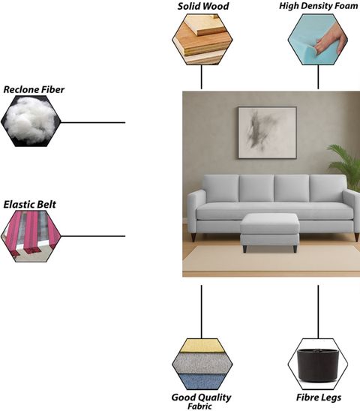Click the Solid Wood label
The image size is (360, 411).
(203, 6)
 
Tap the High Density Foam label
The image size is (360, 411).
(318, 6)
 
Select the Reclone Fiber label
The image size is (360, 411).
(34, 90)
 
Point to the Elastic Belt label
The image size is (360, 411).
(30, 205)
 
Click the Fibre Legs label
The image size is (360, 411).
(319, 397)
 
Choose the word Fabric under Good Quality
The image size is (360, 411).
(199, 406)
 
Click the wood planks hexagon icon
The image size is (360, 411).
(202, 39)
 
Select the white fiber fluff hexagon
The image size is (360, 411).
(31, 121)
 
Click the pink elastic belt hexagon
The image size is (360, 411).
(31, 236)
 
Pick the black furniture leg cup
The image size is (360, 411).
(318, 364)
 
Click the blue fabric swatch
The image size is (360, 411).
(202, 382)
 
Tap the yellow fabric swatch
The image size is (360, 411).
(202, 346)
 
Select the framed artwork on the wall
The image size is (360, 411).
(267, 133)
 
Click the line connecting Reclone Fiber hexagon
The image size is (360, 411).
(93, 122)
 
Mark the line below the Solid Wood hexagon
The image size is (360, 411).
(201, 77)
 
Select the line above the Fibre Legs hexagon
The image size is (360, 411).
(318, 312)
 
